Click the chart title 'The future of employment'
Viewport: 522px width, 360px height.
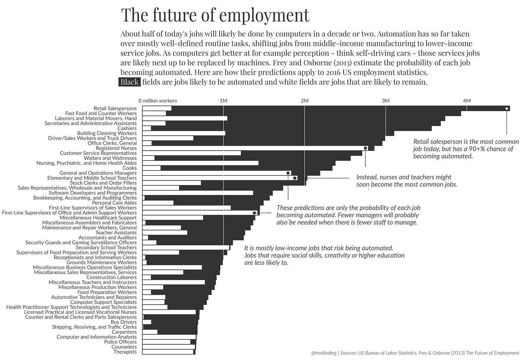pyautogui.click(x=215, y=15)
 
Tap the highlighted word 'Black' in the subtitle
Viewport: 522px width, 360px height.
pyautogui.click(x=129, y=82)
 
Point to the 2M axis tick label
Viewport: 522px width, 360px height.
pyautogui.click(x=304, y=101)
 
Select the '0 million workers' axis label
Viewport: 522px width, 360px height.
pyautogui.click(x=158, y=101)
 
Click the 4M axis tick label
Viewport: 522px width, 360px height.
pyautogui.click(x=466, y=101)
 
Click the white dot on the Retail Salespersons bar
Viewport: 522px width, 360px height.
pyautogui.click(x=506, y=108)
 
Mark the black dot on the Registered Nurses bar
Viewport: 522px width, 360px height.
pyautogui.click(x=365, y=148)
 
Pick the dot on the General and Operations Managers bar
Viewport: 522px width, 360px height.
pyautogui.click(x=288, y=173)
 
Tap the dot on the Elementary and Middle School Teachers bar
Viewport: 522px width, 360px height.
pyautogui.click(x=295, y=178)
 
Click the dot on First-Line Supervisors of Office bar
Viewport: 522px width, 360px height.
pyautogui.click(x=254, y=213)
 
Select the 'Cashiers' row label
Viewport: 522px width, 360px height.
pyautogui.click(x=127, y=128)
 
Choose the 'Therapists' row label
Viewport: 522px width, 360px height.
pyautogui.click(x=125, y=352)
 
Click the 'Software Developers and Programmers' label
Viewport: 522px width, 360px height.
pyautogui.click(x=92, y=193)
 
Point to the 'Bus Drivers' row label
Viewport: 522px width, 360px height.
pyautogui.click(x=123, y=322)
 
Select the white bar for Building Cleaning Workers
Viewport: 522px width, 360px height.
pyautogui.click(x=184, y=133)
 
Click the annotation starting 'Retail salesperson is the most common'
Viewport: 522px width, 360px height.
pyautogui.click(x=466, y=149)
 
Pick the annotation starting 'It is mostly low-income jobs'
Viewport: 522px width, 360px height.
pyautogui.click(x=324, y=255)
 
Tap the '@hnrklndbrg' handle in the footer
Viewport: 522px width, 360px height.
pyautogui.click(x=323, y=353)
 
